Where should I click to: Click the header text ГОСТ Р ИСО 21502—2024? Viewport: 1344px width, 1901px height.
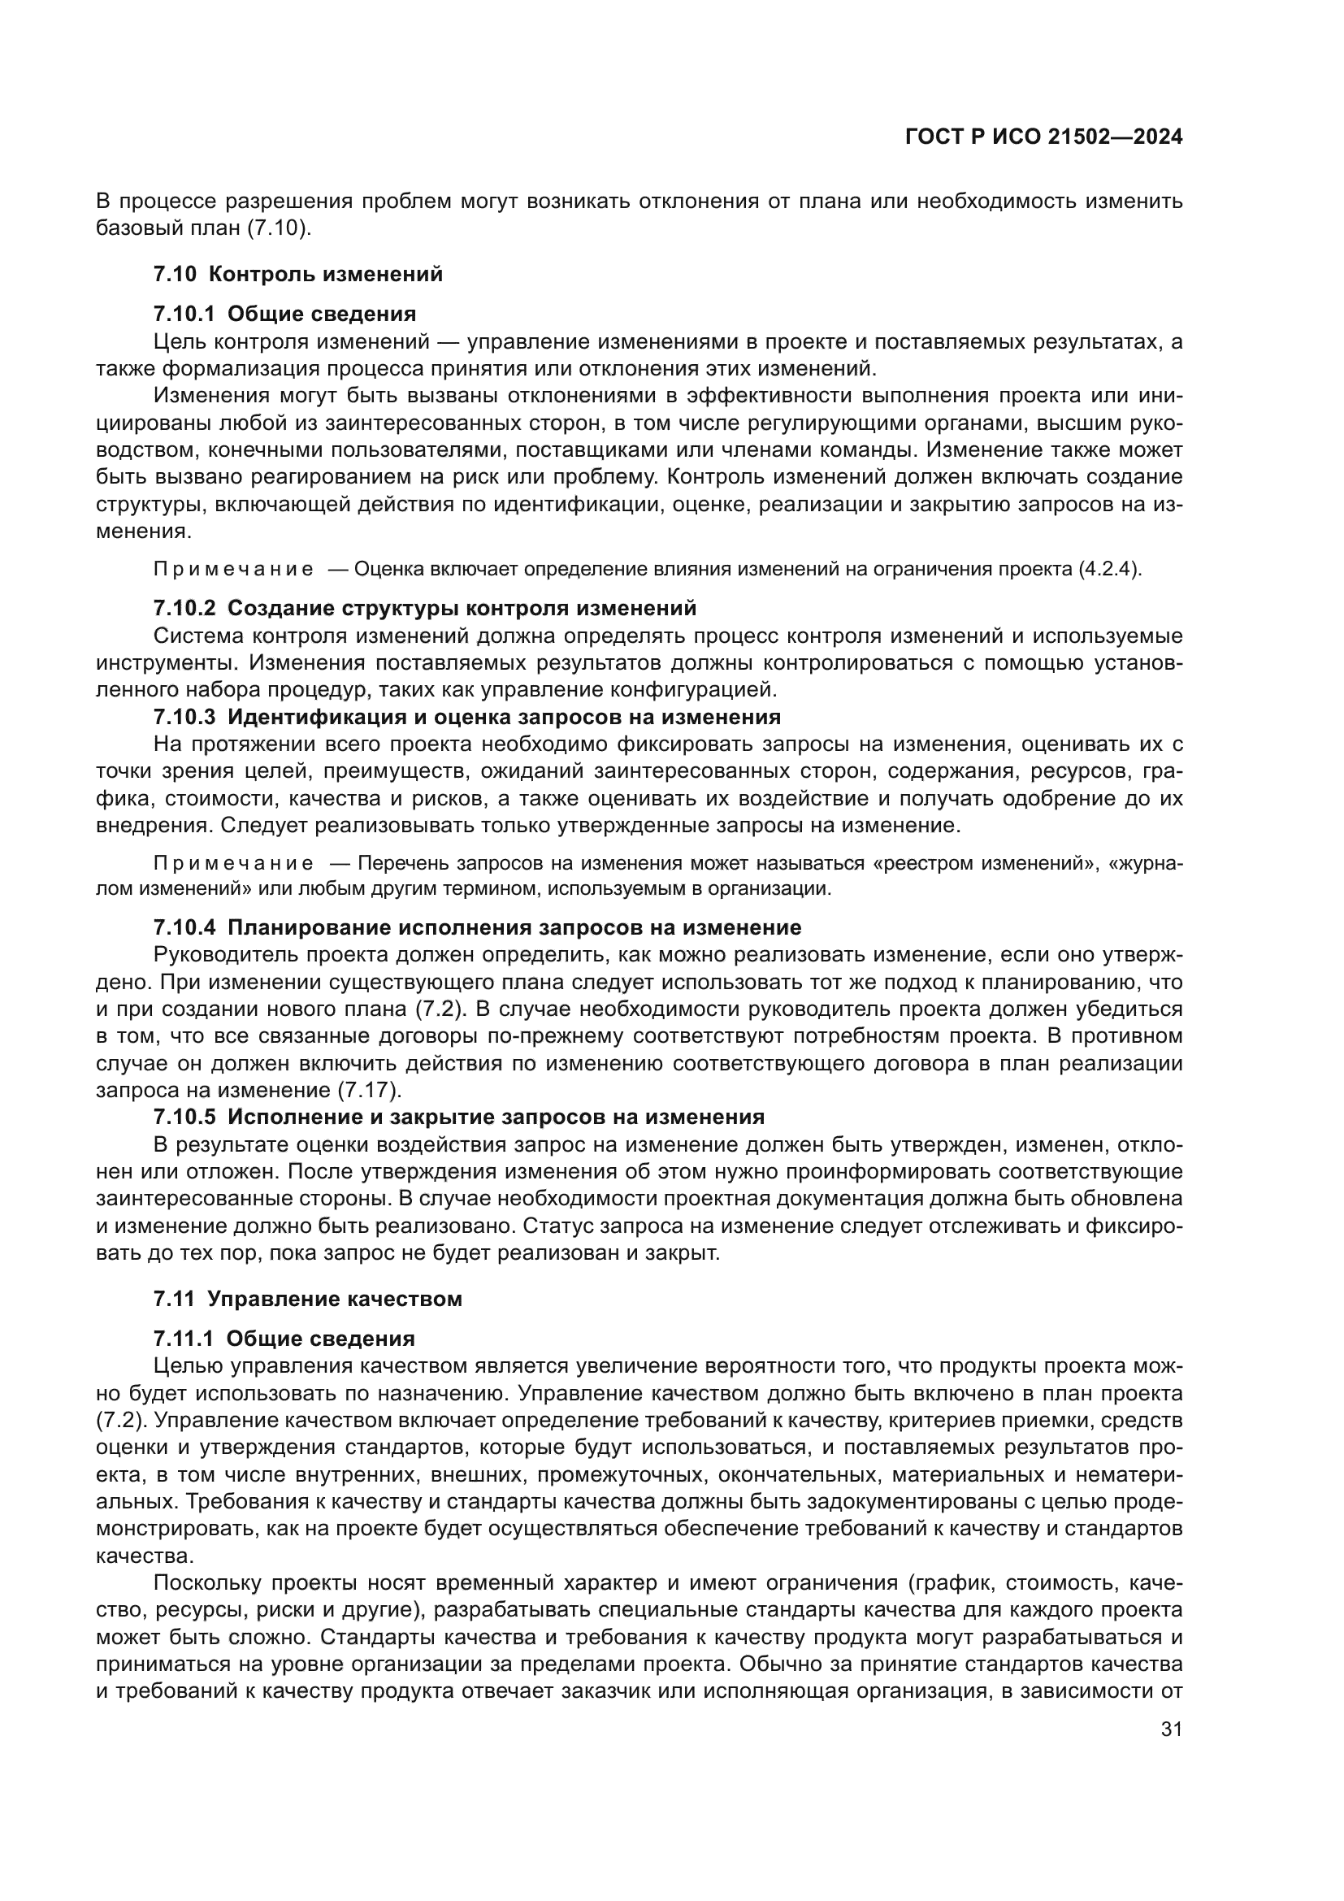(x=1043, y=137)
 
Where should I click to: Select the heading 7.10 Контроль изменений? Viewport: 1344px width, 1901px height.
(x=298, y=274)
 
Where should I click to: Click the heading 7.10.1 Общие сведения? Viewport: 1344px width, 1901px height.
(x=284, y=314)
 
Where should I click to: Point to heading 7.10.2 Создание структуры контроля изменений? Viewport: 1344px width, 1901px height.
(x=424, y=609)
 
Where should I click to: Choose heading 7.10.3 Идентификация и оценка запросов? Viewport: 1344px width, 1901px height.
(x=466, y=716)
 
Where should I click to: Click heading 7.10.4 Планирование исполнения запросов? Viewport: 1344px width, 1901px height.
(x=477, y=927)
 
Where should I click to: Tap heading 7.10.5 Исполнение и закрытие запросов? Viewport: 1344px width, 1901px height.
(x=458, y=1117)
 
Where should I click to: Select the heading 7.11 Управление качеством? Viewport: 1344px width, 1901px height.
(x=307, y=1298)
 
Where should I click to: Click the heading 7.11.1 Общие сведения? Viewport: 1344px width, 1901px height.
(x=284, y=1339)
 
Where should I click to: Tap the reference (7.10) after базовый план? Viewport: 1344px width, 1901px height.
(x=279, y=228)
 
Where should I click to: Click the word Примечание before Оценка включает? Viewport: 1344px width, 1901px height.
(x=233, y=570)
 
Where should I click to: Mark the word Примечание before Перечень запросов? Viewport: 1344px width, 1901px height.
(x=233, y=864)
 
